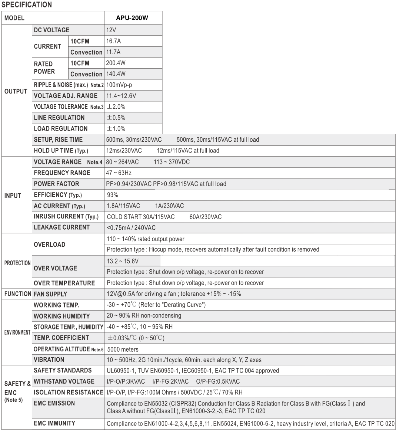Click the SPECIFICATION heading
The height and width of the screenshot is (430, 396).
pos(27,5)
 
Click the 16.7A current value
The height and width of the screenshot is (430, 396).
pos(113,41)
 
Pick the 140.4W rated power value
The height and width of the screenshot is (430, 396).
pos(116,74)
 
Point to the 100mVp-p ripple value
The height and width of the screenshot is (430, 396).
pos(119,85)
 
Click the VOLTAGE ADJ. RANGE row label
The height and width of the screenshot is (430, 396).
pos(66,96)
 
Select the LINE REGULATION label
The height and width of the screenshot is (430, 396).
pos(59,118)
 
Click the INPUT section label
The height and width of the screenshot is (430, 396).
pos(13,196)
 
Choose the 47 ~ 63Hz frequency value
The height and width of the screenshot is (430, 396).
pos(119,173)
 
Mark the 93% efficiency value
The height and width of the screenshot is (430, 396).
pos(112,195)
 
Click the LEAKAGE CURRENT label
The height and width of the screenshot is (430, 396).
pos(61,227)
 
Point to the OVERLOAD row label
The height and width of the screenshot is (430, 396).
pos(49,244)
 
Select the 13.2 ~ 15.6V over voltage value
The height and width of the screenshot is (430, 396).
pos(123,261)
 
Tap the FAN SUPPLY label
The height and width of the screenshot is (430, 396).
pos(50,294)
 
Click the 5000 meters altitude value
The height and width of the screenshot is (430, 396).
pos(123,349)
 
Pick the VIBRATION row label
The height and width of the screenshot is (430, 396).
pos(49,360)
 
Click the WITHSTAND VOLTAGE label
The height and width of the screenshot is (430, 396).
pos(64,381)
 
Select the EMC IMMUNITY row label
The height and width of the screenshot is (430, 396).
pos(54,423)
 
